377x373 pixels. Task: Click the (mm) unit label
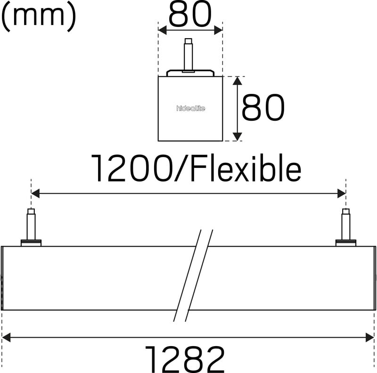39,17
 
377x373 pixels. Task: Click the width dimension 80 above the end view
190,15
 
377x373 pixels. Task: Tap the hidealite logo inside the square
191,108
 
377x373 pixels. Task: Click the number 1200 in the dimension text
132,168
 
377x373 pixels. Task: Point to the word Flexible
246,167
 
